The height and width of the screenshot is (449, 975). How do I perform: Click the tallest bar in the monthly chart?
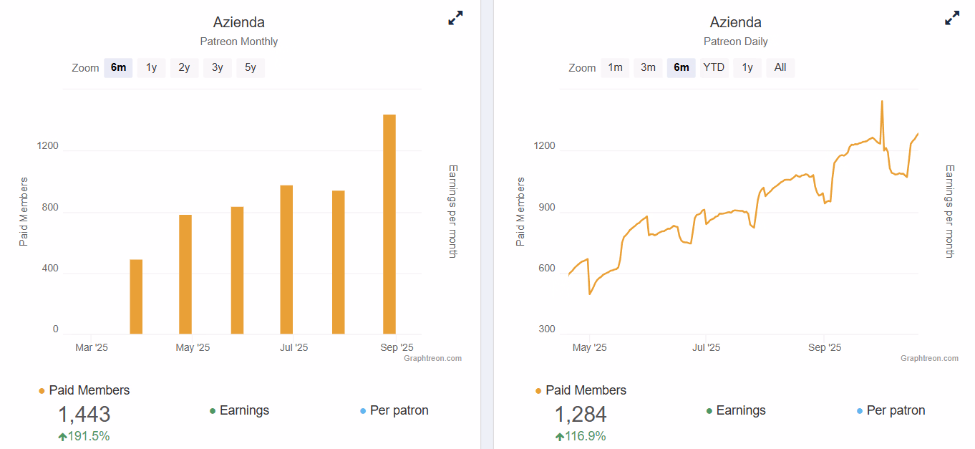[389, 223]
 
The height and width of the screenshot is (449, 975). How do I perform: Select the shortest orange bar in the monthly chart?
[136, 296]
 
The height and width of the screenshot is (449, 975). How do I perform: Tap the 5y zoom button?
[251, 68]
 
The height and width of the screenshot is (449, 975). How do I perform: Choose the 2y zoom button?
[185, 68]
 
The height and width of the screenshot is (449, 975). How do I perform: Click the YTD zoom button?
[714, 68]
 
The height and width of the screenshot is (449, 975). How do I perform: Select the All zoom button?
[780, 68]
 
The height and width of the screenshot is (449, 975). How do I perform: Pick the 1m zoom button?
[615, 68]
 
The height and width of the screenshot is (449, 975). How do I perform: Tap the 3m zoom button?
[648, 68]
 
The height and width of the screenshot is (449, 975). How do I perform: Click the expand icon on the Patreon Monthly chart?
[455, 19]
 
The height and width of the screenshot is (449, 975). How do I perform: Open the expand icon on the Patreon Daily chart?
[952, 19]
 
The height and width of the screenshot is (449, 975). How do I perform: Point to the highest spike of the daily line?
[882, 102]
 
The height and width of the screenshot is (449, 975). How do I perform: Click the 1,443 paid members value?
[84, 415]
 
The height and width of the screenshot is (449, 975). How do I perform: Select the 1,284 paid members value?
[581, 415]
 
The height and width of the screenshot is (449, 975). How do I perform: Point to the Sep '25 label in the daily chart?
[825, 348]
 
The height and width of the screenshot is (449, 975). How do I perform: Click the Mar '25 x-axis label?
[92, 348]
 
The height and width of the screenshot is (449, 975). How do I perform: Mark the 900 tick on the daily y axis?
[546, 208]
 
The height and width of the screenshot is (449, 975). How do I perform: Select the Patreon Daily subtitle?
[735, 42]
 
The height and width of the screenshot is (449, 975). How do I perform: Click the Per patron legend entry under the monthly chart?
[399, 410]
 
